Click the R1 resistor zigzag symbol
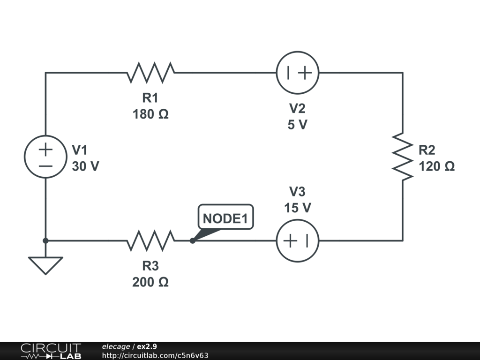pos(150,73)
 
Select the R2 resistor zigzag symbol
pos(403,157)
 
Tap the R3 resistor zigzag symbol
pos(150,240)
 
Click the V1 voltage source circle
pos(45,157)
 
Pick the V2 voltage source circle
pos(298,73)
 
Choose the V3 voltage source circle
pos(298,240)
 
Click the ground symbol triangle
pos(45,264)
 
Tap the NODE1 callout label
pos(225,218)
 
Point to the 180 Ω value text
pos(150,114)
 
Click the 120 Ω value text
pos(436,166)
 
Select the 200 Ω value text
pos(150,282)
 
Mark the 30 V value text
pos(85,166)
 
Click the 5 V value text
pos(298,125)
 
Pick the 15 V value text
pos(298,208)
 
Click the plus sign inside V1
pos(45,150)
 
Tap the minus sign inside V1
pos(45,165)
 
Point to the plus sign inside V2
pos(305,73)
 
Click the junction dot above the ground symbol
pos(45,240)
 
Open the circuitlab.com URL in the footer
pos(155,355)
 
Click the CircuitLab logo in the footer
pos(51,351)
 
